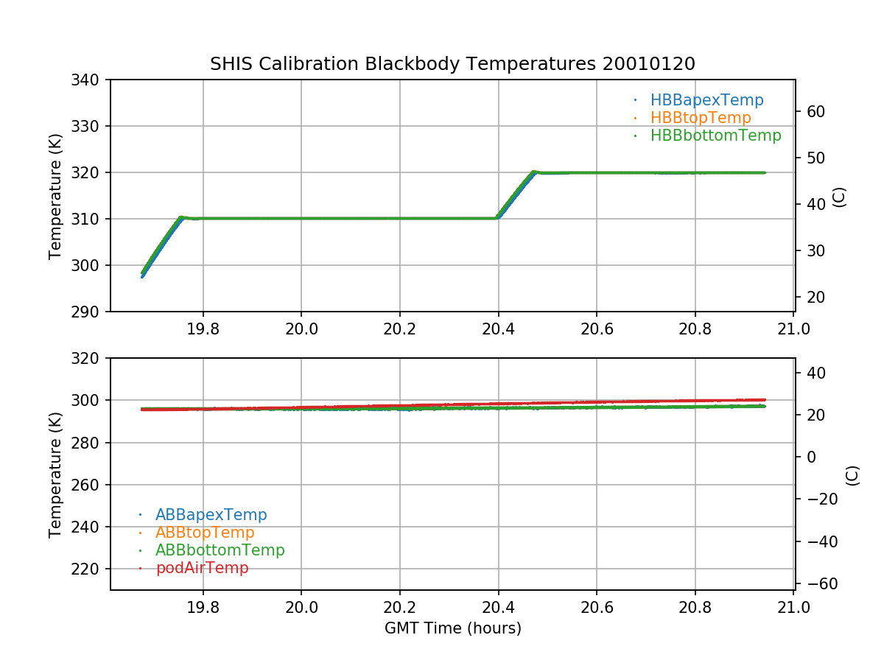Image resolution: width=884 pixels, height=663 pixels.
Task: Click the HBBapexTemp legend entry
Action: (706, 100)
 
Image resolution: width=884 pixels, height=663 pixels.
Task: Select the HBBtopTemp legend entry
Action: (701, 118)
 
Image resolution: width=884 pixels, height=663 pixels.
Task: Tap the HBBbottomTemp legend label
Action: (715, 136)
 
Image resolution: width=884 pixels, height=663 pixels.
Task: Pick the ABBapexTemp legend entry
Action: (211, 515)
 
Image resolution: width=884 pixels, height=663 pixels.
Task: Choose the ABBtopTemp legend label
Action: (205, 533)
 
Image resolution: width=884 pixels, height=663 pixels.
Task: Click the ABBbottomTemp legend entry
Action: (220, 550)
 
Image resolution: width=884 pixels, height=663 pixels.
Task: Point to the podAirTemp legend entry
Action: (202, 568)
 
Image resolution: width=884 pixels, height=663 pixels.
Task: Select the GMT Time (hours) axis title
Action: (452, 628)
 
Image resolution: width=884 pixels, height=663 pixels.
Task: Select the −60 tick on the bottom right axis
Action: (815, 584)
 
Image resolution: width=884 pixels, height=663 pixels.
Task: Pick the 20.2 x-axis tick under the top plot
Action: (399, 329)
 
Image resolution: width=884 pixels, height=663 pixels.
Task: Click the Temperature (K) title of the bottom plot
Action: (55, 474)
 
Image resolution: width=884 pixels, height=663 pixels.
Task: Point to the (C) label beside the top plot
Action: (838, 197)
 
